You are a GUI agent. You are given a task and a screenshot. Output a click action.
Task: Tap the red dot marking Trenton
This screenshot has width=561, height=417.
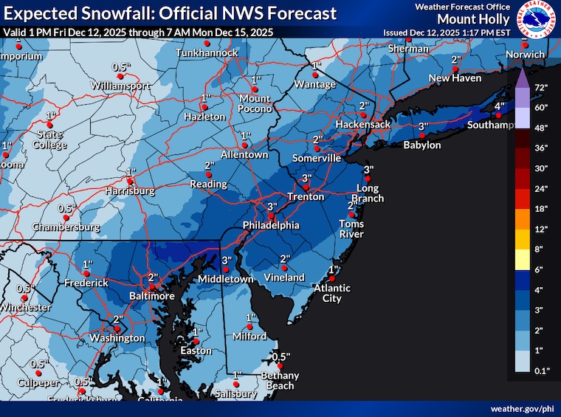pyautogui.click(x=305, y=187)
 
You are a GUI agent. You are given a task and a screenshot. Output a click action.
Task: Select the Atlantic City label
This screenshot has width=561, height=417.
pyautogui.click(x=331, y=293)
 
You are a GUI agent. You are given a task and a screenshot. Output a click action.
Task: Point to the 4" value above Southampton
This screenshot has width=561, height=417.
pyautogui.click(x=498, y=107)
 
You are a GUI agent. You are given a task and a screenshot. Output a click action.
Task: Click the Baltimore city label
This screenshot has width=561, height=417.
pyautogui.click(x=151, y=295)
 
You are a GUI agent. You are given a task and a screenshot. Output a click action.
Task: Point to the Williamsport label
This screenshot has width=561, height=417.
pyautogui.click(x=120, y=86)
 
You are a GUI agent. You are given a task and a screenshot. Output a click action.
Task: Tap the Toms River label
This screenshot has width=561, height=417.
pyautogui.click(x=351, y=229)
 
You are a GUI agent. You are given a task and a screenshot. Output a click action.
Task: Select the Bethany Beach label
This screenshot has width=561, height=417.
pyautogui.click(x=280, y=380)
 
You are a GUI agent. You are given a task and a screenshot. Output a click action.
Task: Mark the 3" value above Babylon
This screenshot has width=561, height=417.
pyautogui.click(x=423, y=127)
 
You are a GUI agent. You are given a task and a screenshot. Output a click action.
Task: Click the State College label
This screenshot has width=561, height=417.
pyautogui.click(x=49, y=139)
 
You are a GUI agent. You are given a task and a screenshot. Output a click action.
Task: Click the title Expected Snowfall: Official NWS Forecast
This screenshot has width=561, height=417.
pyautogui.click(x=170, y=13)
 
